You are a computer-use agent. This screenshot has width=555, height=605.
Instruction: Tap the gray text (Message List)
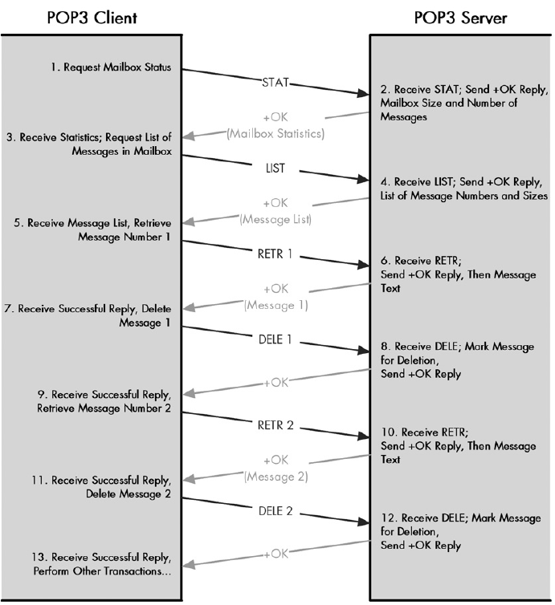(275, 218)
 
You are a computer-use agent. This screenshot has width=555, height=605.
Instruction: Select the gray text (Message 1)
(275, 306)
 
